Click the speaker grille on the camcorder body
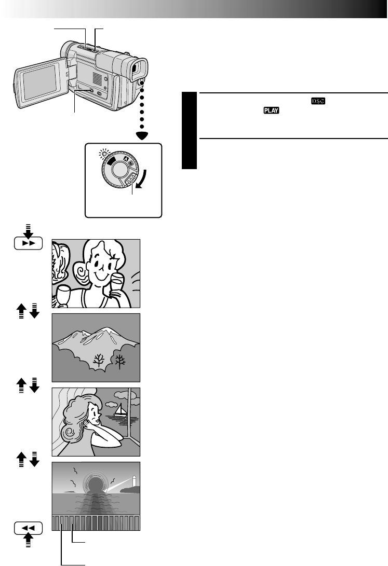coord(95,78)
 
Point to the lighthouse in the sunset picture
coord(134,481)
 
